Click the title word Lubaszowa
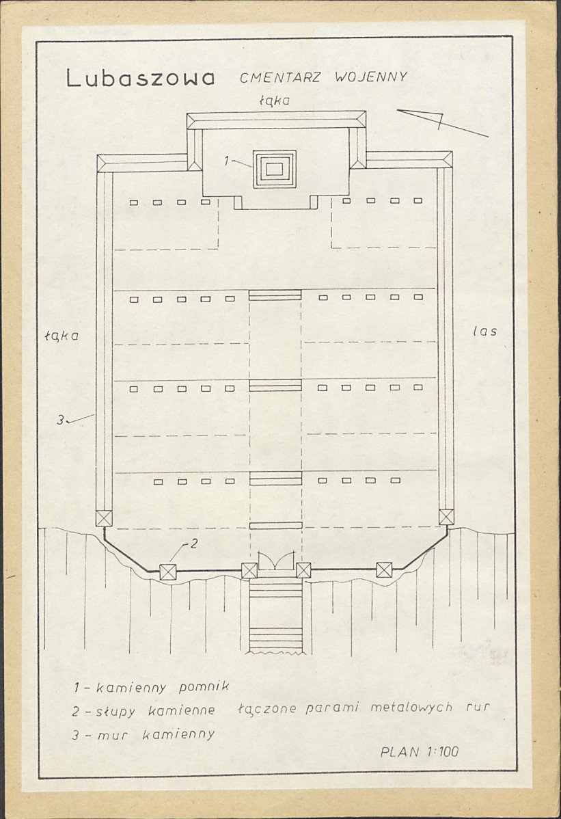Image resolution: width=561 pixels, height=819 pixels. coord(140,79)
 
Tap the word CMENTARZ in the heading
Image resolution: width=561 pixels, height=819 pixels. coord(282,78)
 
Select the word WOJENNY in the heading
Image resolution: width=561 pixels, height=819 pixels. coord(370,77)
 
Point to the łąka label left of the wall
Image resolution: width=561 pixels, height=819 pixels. coord(61,336)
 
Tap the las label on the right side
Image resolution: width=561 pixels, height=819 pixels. coord(484,331)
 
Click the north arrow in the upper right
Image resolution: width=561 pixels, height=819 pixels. coord(443,123)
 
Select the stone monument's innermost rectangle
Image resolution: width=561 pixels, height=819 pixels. coord(275,169)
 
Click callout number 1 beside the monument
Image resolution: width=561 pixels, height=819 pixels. coord(226,161)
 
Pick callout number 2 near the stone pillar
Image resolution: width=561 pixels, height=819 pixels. coord(193,543)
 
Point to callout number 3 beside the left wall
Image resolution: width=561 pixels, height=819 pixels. coord(61,420)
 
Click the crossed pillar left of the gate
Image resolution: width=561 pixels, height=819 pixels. coord(249,570)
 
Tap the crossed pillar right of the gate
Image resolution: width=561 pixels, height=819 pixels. coord(303,570)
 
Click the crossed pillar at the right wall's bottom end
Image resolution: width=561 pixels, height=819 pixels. coord(446,517)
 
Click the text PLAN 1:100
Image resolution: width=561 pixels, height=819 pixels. coord(420,751)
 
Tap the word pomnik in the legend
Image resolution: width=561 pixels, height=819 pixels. coord(204,687)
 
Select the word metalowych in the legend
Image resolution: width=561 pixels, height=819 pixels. coord(411,707)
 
